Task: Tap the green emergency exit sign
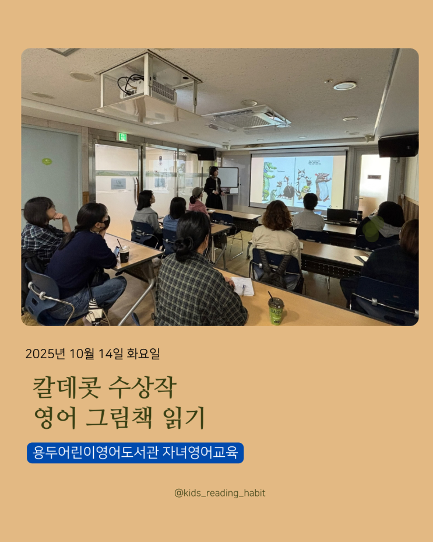(x=122, y=137)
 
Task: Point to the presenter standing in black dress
(x=213, y=188)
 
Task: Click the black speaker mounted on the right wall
(x=398, y=145)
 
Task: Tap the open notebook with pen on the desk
(x=243, y=286)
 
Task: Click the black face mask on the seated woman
(x=107, y=222)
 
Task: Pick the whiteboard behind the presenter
(x=228, y=177)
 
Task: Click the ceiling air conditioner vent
(x=247, y=119)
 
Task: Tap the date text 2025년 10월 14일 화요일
(x=93, y=354)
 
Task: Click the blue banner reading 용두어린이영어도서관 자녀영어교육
(x=135, y=453)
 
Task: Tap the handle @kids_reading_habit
(x=220, y=493)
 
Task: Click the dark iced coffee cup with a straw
(x=124, y=253)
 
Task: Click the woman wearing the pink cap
(x=198, y=201)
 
